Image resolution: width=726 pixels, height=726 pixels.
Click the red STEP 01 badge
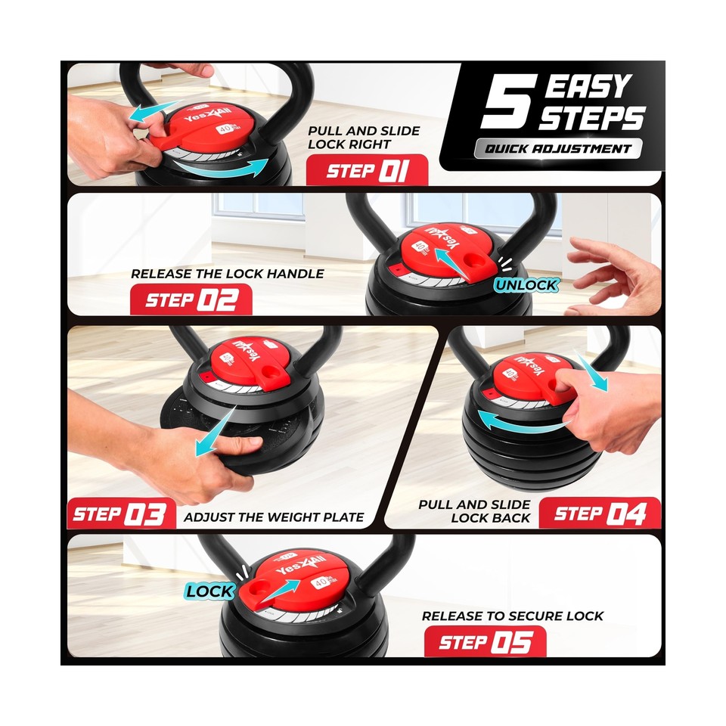[367, 171]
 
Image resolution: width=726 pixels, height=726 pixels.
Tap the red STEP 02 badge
[191, 299]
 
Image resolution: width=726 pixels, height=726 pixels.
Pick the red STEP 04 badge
[600, 514]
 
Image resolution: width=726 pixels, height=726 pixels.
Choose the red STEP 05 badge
[484, 643]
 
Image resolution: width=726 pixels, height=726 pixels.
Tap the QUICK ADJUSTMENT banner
[558, 149]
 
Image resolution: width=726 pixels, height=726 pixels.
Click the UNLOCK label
[526, 285]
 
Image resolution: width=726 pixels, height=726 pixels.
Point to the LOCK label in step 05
[210, 591]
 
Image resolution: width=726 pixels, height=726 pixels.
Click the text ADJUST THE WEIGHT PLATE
[274, 518]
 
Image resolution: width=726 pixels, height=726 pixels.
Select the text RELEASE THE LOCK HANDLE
[227, 274]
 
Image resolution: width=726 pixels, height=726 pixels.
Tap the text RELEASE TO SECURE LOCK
[513, 616]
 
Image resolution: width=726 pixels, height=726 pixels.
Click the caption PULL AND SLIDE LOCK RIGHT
[364, 137]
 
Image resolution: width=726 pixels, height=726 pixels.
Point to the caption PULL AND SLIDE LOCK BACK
[475, 511]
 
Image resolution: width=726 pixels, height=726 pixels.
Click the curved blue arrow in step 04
[514, 420]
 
